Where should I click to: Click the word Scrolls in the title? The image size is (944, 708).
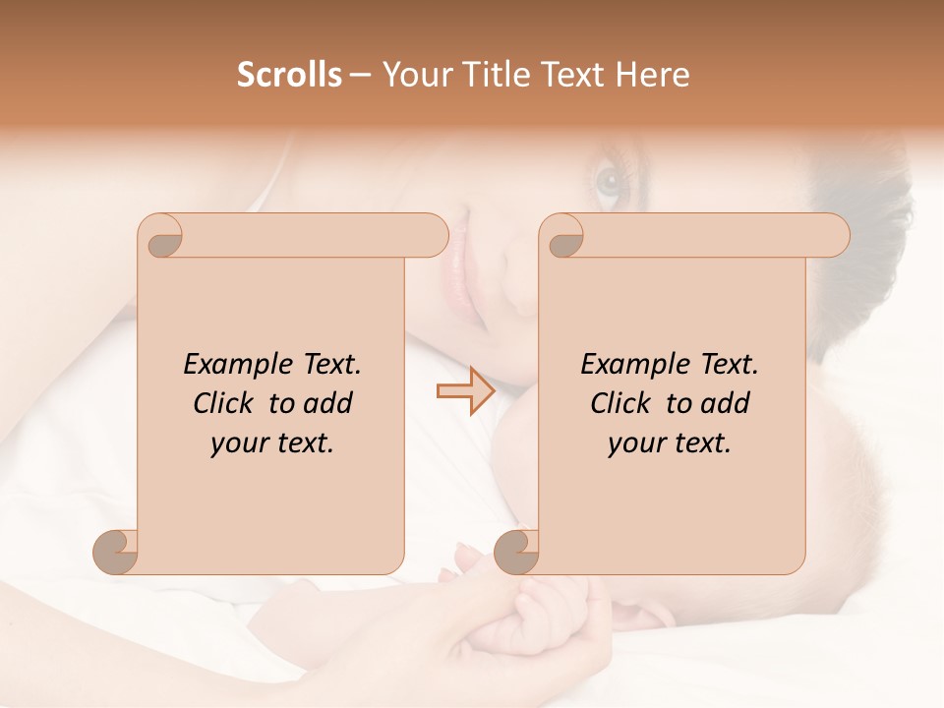(289, 75)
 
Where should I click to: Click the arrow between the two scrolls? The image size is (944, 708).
(465, 391)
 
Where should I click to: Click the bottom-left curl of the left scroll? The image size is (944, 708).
(115, 551)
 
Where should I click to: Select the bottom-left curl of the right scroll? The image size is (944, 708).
(516, 551)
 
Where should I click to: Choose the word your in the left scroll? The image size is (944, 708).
(241, 443)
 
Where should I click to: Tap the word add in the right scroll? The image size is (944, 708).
(726, 403)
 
